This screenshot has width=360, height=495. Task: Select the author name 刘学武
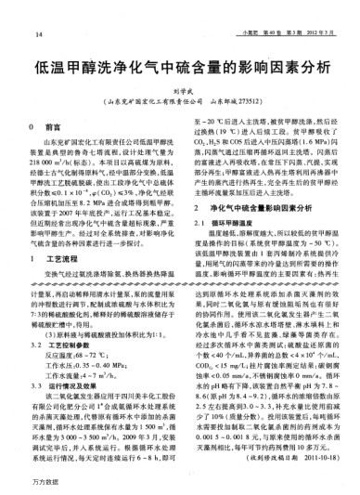(179, 91)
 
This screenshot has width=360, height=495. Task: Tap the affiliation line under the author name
(179, 101)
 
